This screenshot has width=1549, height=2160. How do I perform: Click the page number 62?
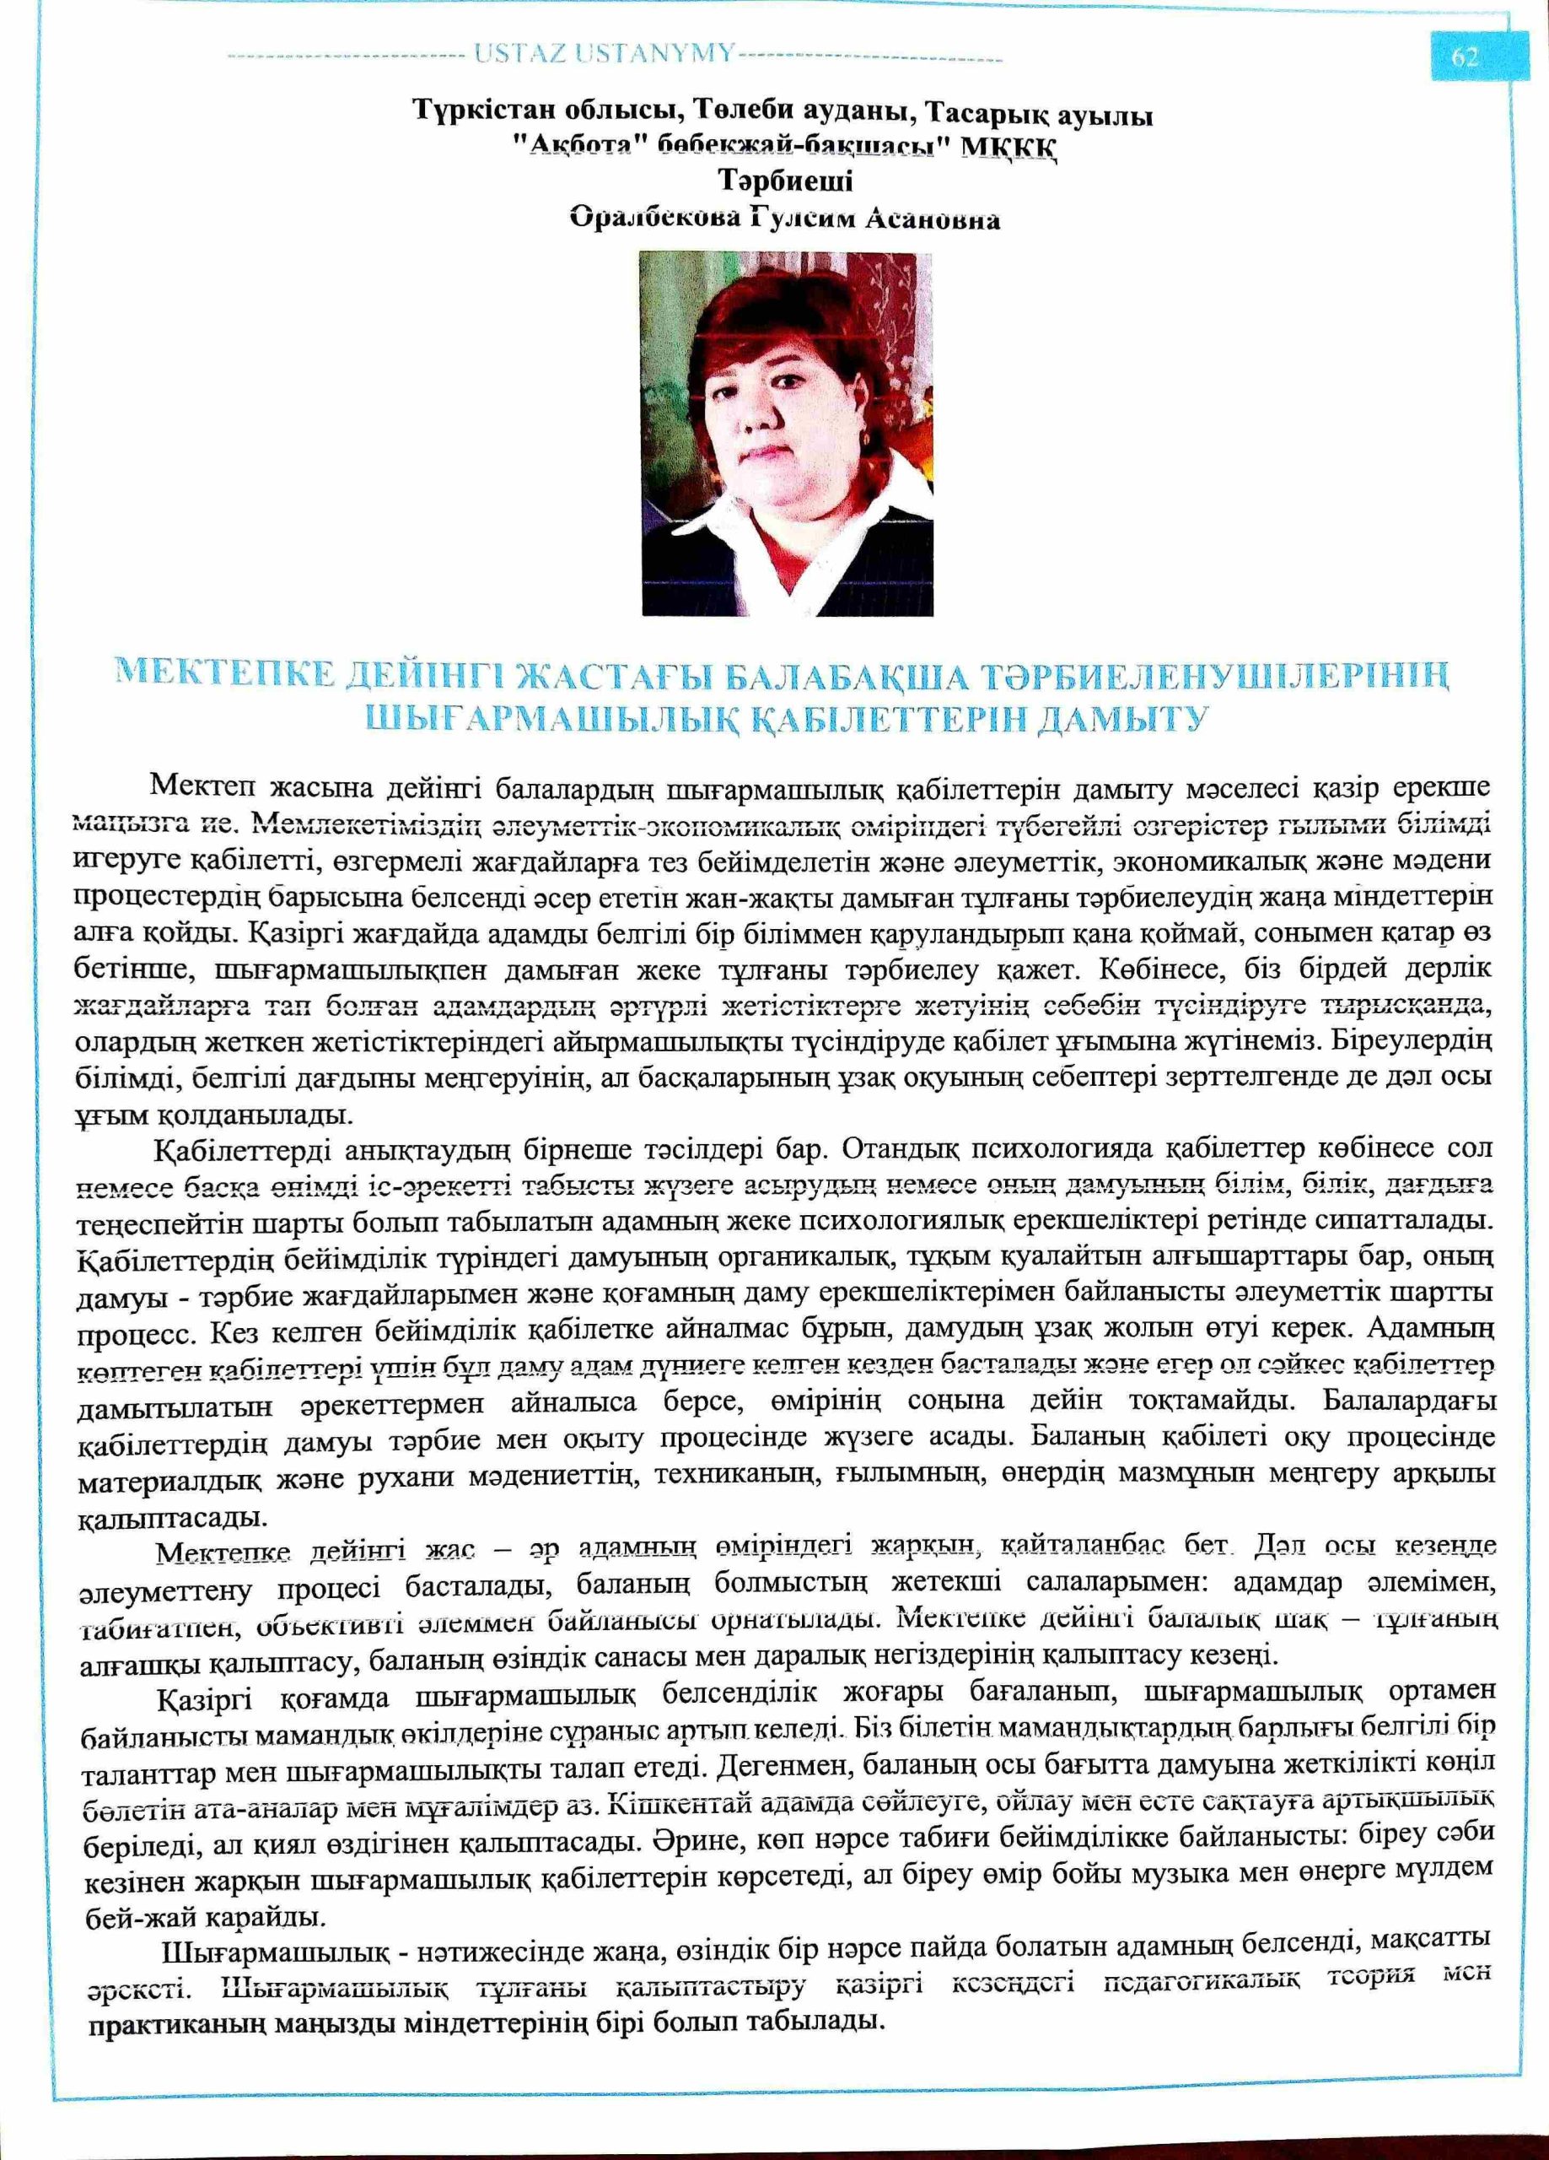[1465, 58]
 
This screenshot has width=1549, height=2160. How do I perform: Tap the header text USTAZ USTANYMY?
[605, 54]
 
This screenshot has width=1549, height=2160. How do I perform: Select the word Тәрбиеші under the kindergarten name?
[785, 181]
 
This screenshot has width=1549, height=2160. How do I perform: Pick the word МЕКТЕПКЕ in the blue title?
[224, 675]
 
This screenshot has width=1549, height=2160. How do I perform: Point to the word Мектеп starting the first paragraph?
[200, 787]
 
